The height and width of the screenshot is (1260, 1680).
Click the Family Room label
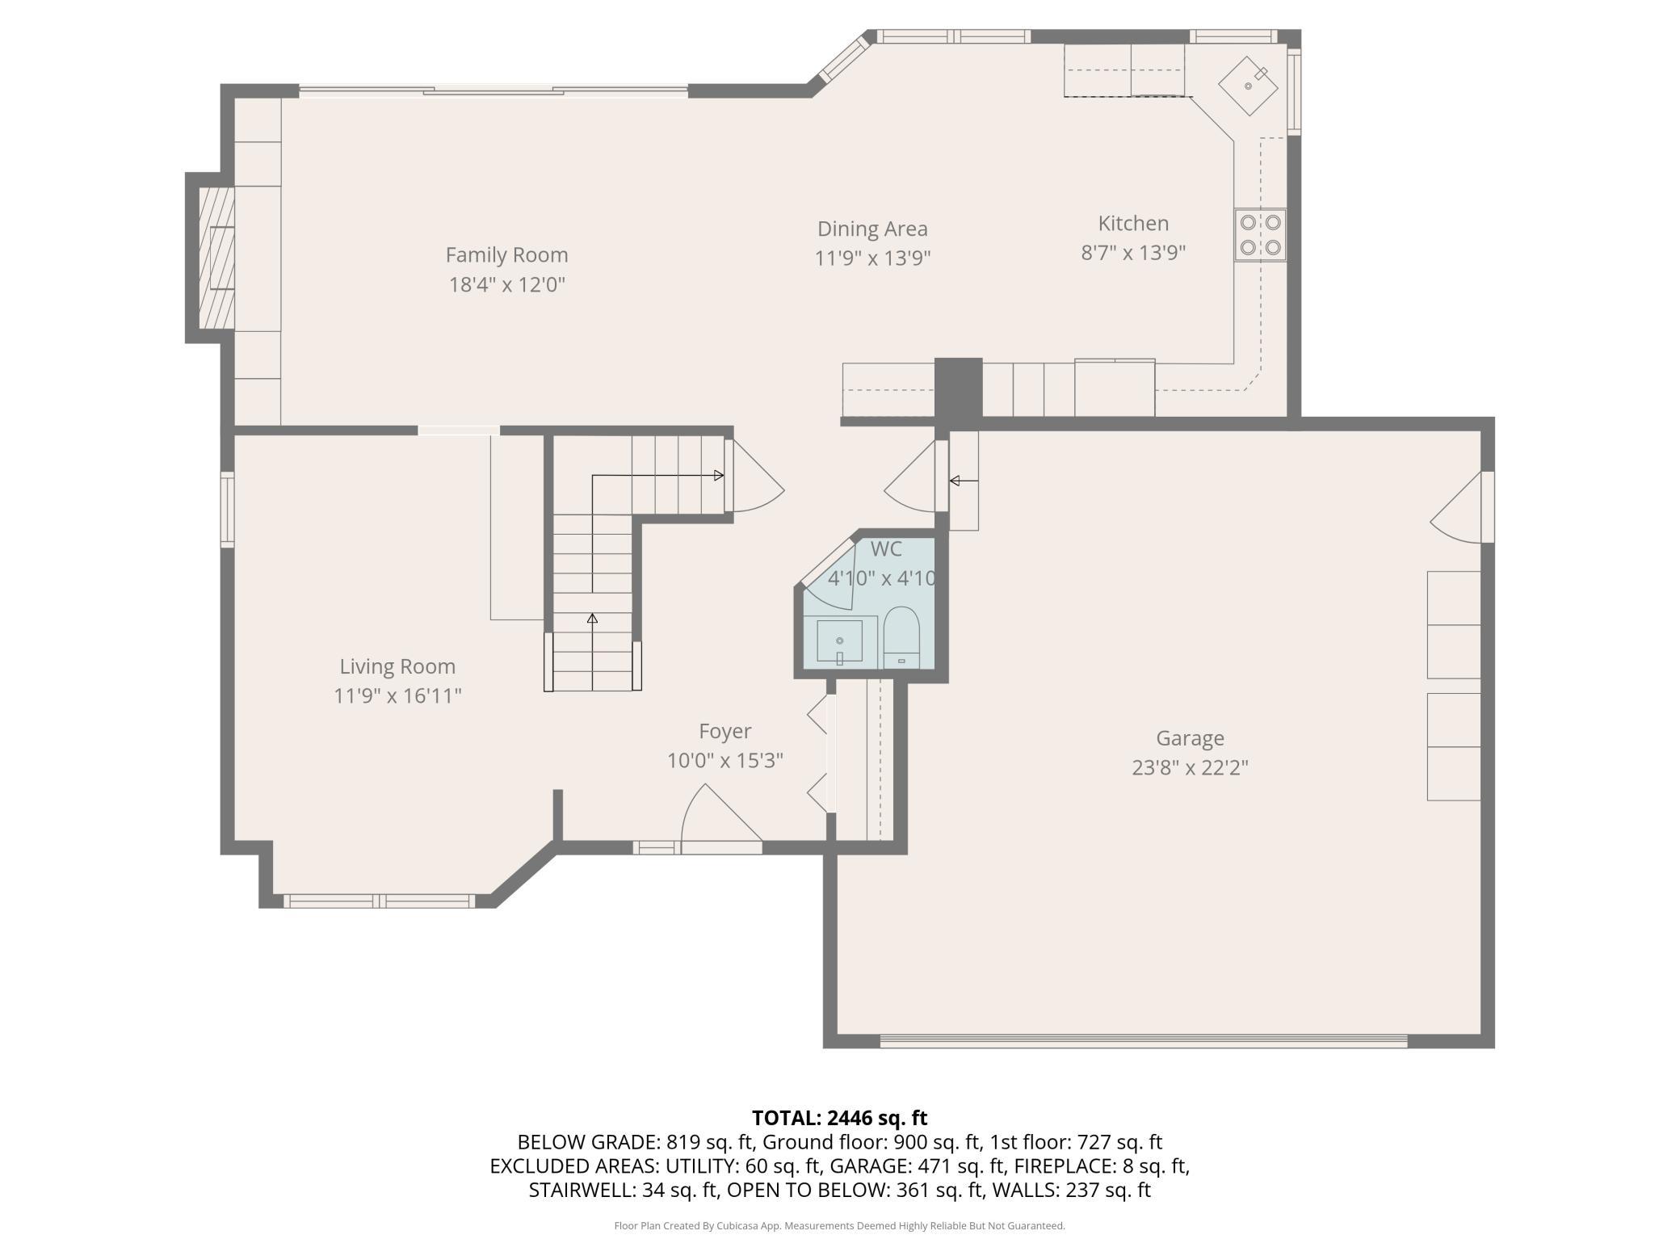point(506,255)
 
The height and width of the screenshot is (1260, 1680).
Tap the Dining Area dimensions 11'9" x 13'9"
point(872,258)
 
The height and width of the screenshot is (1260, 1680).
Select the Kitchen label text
point(1133,224)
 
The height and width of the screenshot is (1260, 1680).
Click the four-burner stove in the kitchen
point(1260,234)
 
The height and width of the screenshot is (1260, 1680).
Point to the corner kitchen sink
point(1249,85)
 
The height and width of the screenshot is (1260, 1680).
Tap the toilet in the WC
point(901,637)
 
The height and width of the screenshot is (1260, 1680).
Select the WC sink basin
point(839,641)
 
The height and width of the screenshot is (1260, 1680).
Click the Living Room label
point(397,666)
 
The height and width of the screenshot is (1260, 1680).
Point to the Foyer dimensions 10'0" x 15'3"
point(725,761)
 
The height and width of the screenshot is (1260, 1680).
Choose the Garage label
point(1190,738)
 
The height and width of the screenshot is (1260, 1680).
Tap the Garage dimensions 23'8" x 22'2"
point(1190,767)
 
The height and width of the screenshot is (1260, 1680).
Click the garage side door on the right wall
point(1462,507)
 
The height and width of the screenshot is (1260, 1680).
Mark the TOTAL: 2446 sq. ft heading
point(839,1118)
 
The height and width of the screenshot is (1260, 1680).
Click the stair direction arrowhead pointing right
point(719,476)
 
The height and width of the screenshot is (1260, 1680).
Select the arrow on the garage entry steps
point(964,481)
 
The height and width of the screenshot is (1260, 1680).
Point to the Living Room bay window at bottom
point(379,901)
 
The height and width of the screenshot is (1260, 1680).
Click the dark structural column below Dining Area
point(958,388)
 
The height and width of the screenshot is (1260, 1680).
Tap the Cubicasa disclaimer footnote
point(839,1225)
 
